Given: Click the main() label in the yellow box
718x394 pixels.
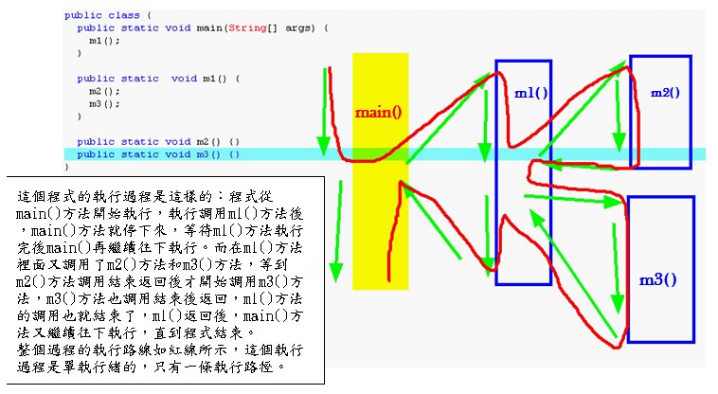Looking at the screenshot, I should [378, 112].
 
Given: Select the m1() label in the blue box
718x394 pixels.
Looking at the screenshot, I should [531, 95].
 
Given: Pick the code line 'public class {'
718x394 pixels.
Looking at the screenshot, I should [102, 16].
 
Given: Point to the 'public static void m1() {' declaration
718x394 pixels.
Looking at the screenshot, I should [159, 79].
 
